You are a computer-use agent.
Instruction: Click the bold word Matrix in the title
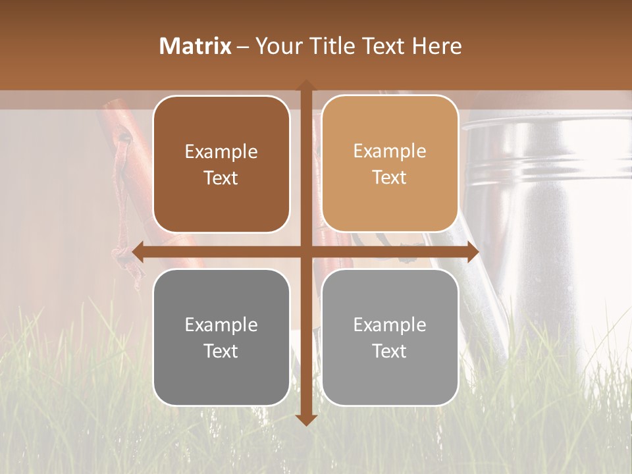196,46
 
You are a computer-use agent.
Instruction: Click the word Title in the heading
334,46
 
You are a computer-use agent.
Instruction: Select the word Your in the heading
276,46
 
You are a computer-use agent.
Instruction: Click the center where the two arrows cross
306,252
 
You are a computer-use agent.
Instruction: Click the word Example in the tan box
390,151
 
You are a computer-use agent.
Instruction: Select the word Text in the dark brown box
221,178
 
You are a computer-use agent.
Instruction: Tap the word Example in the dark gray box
221,325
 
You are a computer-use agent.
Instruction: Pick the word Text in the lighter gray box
390,351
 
